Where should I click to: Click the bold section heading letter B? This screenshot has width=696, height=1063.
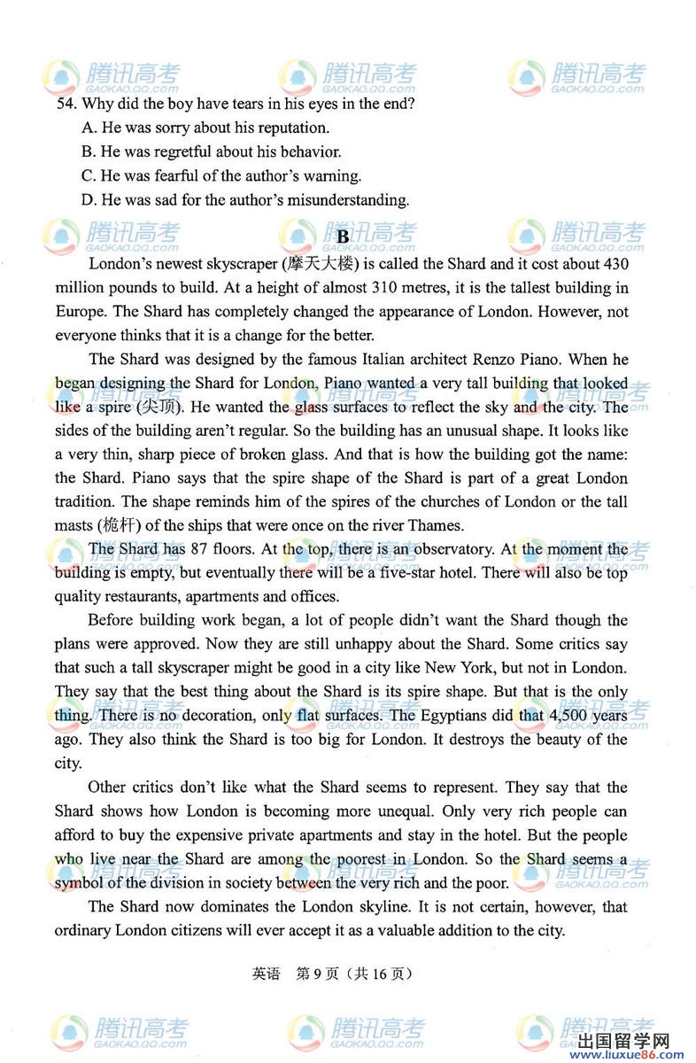(x=344, y=237)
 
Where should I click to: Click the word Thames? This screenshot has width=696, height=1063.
(x=437, y=525)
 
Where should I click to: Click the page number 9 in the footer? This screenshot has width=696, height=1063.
(x=313, y=973)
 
